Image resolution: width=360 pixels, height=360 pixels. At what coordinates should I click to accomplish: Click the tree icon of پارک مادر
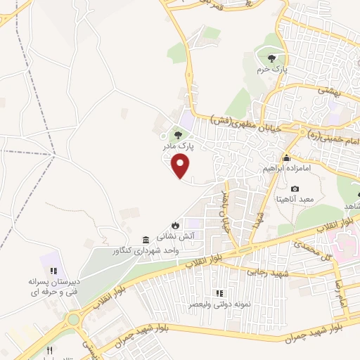pyautogui.click(x=178, y=135)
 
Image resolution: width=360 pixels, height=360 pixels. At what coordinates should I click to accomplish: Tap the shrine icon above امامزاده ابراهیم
pyautogui.click(x=287, y=158)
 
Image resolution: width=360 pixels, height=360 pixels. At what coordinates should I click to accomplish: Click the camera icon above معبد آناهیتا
pyautogui.click(x=294, y=189)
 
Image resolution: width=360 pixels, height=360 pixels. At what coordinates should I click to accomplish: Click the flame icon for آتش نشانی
pyautogui.click(x=174, y=225)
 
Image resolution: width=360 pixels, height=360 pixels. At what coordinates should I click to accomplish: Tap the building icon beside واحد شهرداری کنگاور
pyautogui.click(x=146, y=239)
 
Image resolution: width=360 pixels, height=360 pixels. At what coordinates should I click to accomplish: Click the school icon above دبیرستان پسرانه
pyautogui.click(x=54, y=271)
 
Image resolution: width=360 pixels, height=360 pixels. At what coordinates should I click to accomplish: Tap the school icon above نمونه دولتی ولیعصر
pyautogui.click(x=219, y=293)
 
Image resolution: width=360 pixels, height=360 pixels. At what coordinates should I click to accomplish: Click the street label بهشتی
pyautogui.click(x=329, y=91)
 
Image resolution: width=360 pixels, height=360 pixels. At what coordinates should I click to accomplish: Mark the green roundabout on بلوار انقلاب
pyautogui.click(x=72, y=320)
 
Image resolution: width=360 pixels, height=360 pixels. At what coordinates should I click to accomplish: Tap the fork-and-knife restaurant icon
pyautogui.click(x=50, y=349)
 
